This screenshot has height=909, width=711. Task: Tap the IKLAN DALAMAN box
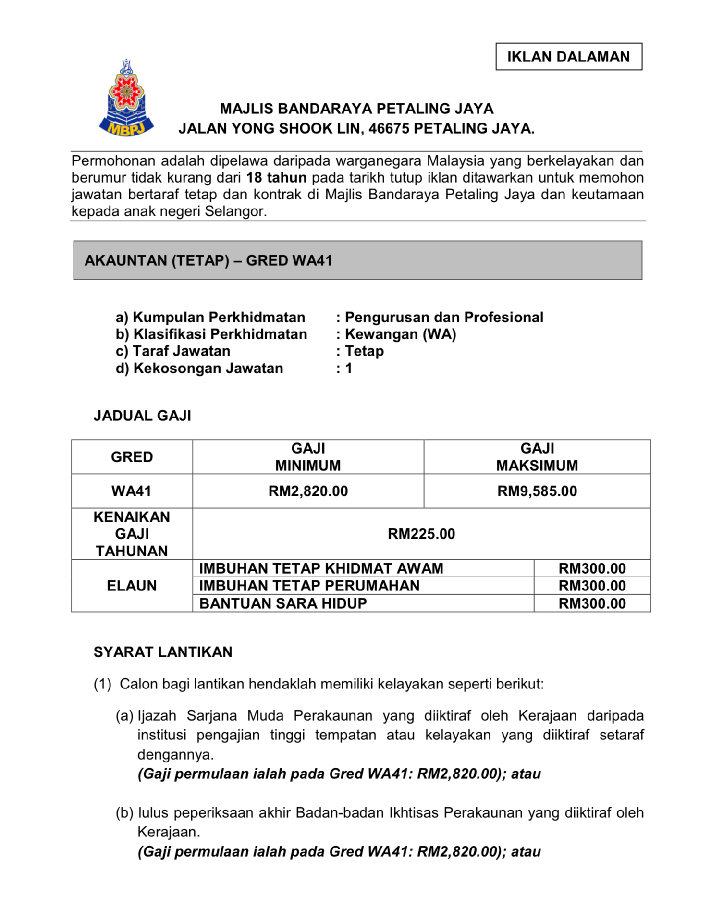[568, 57]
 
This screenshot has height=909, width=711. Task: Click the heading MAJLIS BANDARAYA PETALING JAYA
[356, 109]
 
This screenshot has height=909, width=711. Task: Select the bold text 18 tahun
[276, 178]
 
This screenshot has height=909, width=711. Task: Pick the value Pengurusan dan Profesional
[444, 317]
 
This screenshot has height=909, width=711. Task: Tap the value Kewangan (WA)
[400, 334]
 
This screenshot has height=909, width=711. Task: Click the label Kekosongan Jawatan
[208, 368]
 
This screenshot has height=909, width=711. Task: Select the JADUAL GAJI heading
[142, 416]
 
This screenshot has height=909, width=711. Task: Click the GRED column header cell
[132, 457]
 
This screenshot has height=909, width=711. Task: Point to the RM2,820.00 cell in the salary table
[308, 491]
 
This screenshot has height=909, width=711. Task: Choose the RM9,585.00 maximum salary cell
[537, 491]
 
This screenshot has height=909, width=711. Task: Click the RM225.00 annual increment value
[421, 534]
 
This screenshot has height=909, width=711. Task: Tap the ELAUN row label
[132, 586]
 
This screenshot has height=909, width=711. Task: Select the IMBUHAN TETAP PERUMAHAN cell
[309, 586]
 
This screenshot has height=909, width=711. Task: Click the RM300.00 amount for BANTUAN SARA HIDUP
[592, 603]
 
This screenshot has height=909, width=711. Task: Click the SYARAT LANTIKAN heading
[163, 652]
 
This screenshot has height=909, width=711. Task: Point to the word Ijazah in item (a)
[157, 716]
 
